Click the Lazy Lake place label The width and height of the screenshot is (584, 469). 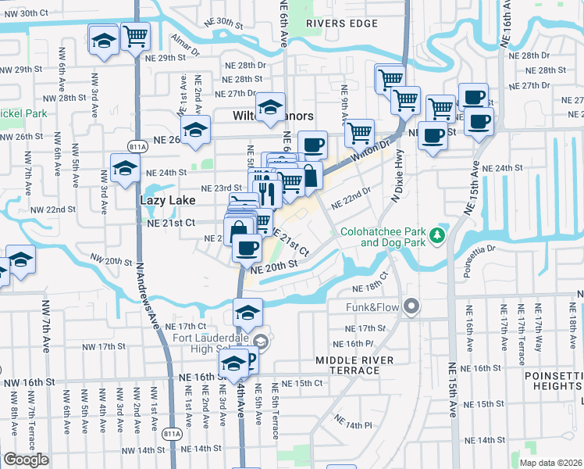tap(164, 200)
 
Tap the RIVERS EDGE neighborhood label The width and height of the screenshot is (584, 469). tap(342, 23)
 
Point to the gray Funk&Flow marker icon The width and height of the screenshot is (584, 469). tap(411, 306)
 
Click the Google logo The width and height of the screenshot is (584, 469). tap(26, 459)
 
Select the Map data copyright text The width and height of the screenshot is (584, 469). tap(551, 463)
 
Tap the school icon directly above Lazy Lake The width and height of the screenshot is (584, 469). tap(125, 168)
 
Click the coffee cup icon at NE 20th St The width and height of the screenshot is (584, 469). tap(247, 249)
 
